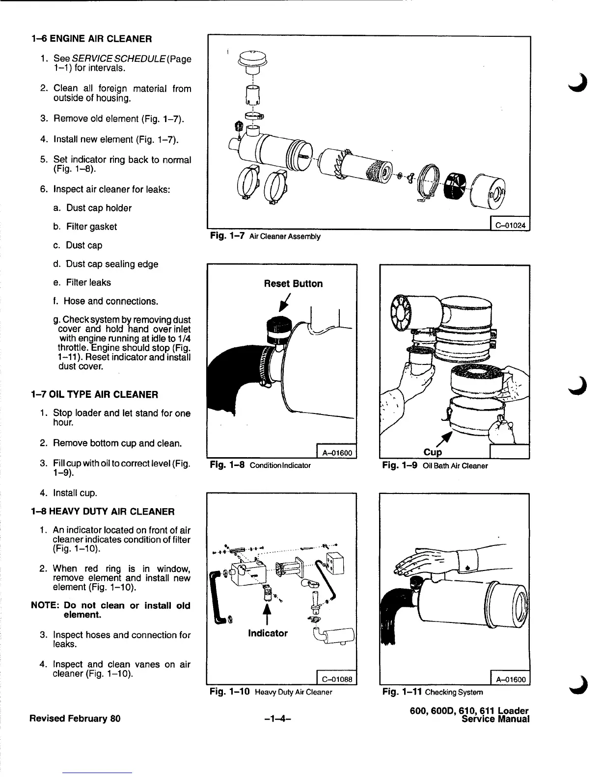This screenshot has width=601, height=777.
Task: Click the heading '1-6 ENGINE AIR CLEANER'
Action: (91, 39)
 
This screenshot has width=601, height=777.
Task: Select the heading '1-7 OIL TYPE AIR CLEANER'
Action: (94, 394)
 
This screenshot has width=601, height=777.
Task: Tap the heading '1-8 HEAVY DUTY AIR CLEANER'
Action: (102, 512)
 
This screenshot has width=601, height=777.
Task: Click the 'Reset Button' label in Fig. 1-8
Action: (293, 284)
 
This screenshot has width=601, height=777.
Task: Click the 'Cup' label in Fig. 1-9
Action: (433, 452)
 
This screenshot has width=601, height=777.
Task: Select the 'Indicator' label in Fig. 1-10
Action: (268, 633)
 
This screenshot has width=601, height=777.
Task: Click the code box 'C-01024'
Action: (511, 226)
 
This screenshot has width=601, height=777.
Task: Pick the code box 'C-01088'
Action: (337, 679)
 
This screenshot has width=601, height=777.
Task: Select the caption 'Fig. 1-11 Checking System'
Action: (433, 692)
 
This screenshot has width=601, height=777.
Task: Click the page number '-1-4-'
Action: (277, 719)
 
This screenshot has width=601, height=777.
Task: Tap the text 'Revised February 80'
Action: (75, 719)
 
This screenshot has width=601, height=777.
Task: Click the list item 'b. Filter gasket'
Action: (84, 227)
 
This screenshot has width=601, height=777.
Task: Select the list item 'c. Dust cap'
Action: (78, 245)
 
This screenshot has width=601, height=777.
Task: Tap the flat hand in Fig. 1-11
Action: (422, 562)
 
